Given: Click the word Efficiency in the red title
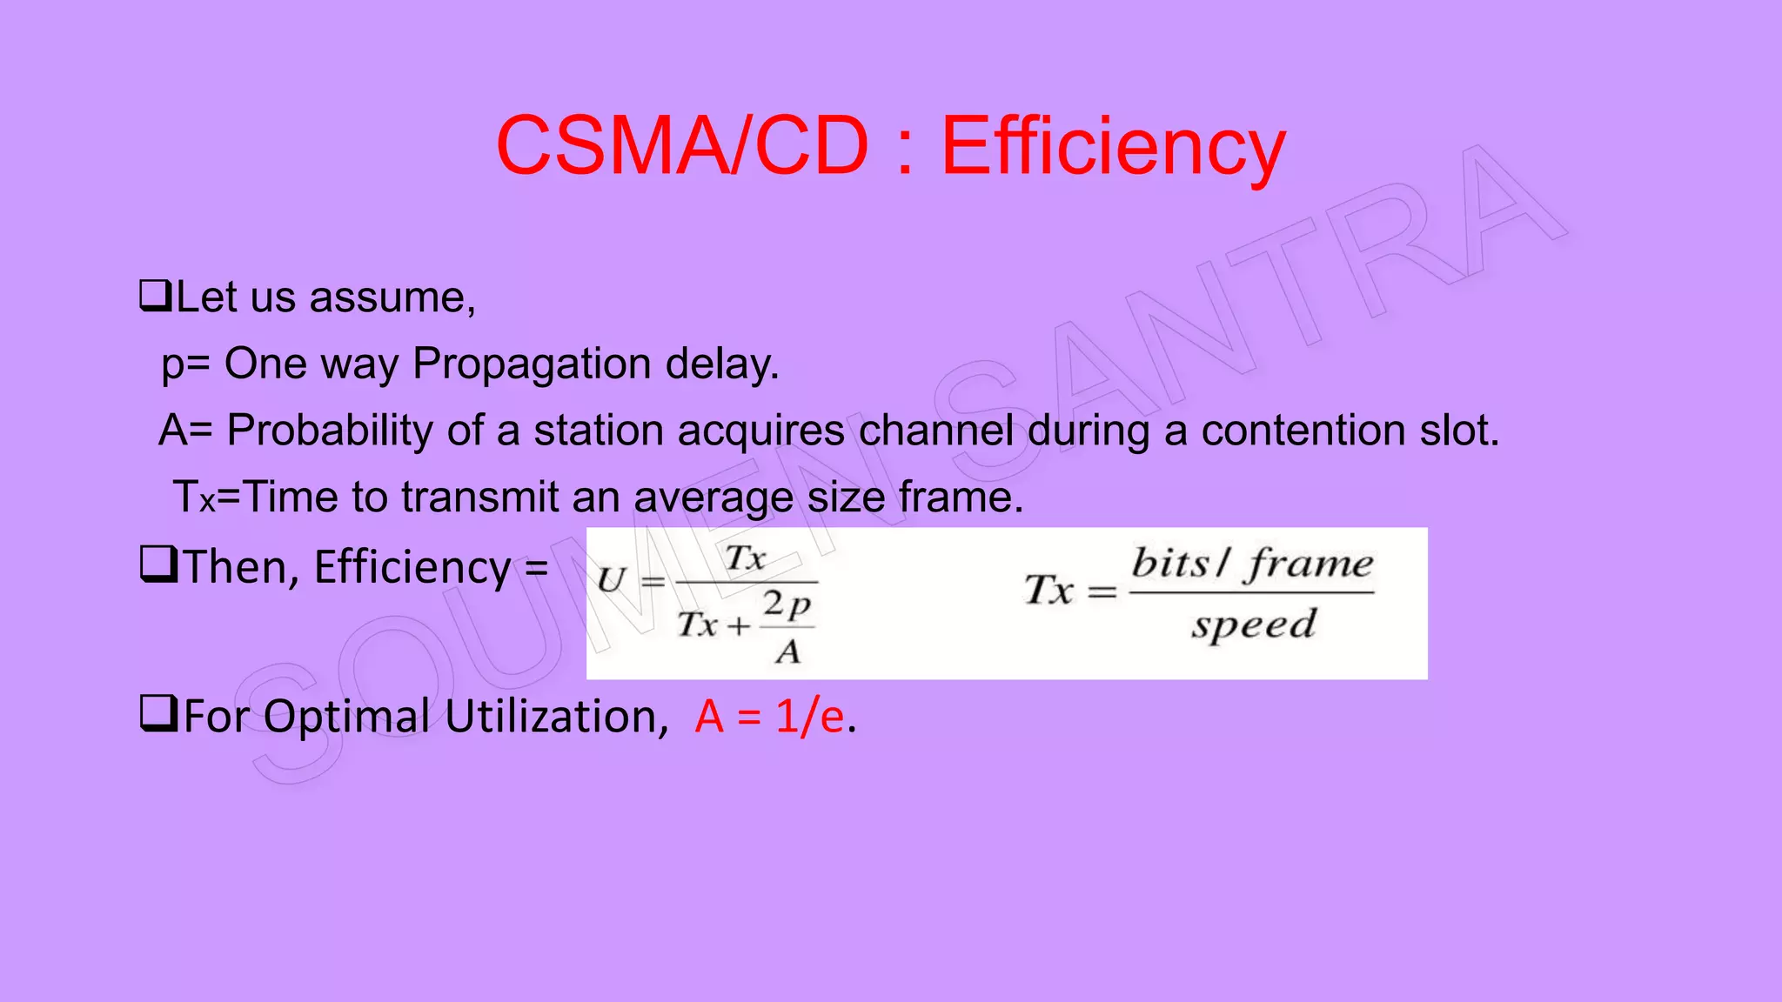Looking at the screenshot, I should click(1113, 146).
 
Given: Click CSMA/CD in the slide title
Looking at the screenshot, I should click(682, 146).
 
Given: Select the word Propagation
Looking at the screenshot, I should click(531, 364).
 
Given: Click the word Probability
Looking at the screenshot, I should click(330, 431).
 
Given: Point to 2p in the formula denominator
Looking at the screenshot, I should click(787, 604).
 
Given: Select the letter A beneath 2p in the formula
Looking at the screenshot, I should click(787, 651).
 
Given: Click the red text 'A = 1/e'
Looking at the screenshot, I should click(769, 717).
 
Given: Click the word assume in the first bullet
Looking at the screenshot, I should click(392, 297).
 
